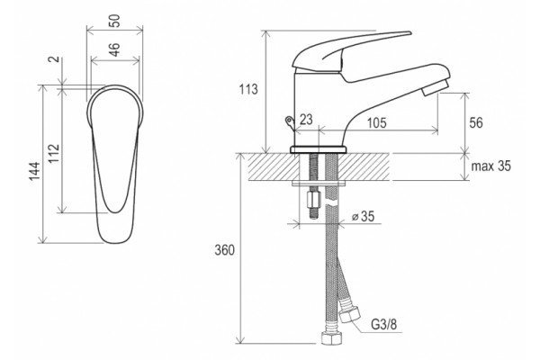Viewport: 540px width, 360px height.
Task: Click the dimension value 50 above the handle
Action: (x=115, y=21)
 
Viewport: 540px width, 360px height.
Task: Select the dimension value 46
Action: (x=115, y=49)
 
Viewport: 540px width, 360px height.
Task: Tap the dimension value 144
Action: (x=34, y=171)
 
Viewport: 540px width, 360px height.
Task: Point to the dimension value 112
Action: (x=54, y=154)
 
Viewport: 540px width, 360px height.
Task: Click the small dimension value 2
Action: (x=54, y=59)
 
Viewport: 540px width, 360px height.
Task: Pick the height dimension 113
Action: (x=248, y=89)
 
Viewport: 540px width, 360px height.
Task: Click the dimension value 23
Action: (x=306, y=120)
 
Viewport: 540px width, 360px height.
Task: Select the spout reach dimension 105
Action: (x=377, y=122)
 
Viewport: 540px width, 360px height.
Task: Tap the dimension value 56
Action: (x=476, y=122)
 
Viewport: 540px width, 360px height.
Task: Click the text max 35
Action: (x=490, y=166)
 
